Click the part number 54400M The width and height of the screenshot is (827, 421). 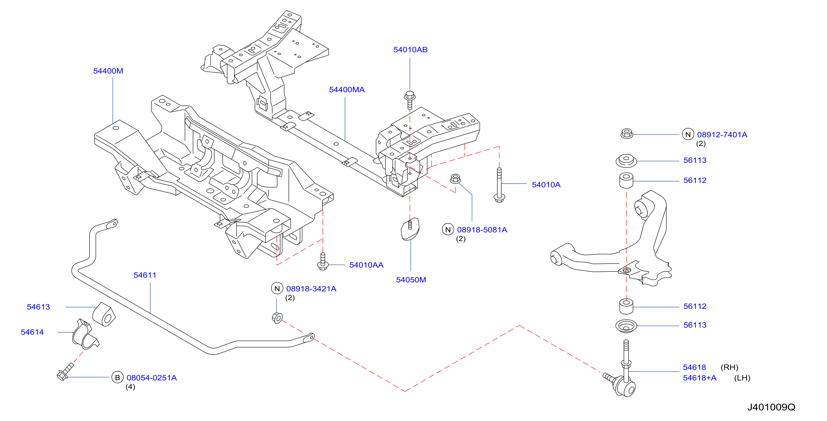108,71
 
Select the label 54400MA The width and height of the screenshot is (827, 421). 347,90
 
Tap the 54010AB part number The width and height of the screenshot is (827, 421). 410,50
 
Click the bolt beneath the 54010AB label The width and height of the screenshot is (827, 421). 410,100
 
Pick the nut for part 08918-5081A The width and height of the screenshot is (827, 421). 455,178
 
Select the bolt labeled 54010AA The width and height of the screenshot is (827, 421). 323,262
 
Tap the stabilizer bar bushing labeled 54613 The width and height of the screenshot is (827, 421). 104,314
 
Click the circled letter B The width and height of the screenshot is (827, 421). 117,378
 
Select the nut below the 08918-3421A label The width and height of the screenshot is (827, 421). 277,318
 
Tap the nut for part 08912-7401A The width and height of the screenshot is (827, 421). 626,133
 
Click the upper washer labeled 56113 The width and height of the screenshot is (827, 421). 626,161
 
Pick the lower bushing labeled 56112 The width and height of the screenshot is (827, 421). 626,306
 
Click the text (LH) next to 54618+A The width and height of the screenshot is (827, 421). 742,378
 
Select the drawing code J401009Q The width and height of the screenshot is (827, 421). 771,407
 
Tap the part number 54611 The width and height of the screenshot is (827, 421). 145,275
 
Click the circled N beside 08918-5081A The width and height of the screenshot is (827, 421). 448,230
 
